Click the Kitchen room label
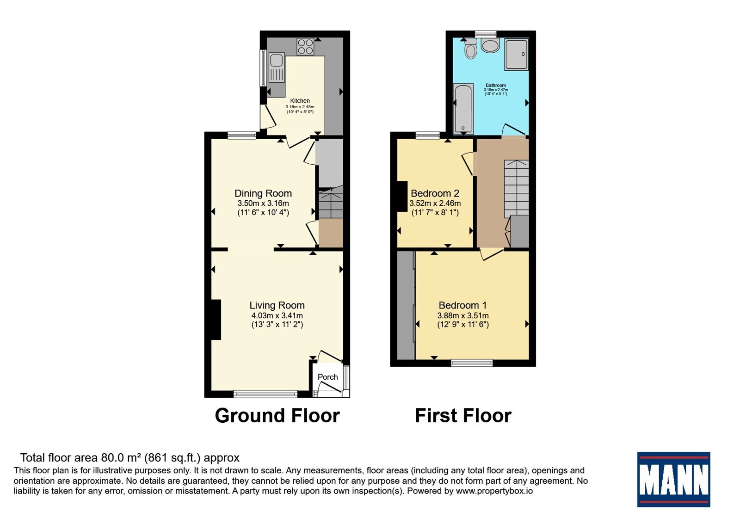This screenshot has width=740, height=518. tap(300, 101)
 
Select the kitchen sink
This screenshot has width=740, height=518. tap(277, 68)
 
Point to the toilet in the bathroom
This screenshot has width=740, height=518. tap(470, 49)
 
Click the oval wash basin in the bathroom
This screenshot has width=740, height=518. tap(490, 45)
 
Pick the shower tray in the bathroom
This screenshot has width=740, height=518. tap(516, 55)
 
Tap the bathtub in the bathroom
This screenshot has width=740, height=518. tap(463, 109)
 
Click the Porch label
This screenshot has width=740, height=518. tap(328, 377)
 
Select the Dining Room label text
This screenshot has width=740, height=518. tap(263, 193)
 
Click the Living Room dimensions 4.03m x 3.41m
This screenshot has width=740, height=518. tap(277, 315)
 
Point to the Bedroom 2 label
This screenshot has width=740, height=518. tap(435, 193)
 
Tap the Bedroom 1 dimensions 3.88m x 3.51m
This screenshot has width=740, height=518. tap(463, 315)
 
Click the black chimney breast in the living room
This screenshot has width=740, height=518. tap(216, 320)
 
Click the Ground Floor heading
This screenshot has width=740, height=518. tap(277, 416)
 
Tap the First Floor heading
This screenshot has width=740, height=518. tap(463, 416)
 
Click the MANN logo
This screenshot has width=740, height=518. tap(673, 479)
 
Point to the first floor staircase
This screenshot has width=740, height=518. tap(516, 189)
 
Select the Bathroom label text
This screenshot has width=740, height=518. tap(495, 85)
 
